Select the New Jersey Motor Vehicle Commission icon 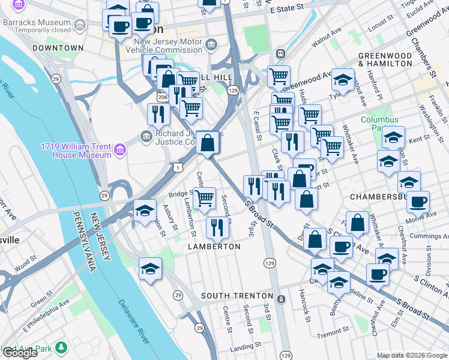coord(211,44)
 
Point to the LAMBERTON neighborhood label coord(214,247)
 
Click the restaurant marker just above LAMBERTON coord(217,227)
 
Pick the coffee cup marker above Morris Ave coord(418,202)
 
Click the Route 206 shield coord(162,96)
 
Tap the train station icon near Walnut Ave coord(280,53)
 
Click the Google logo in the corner coord(20,353)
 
